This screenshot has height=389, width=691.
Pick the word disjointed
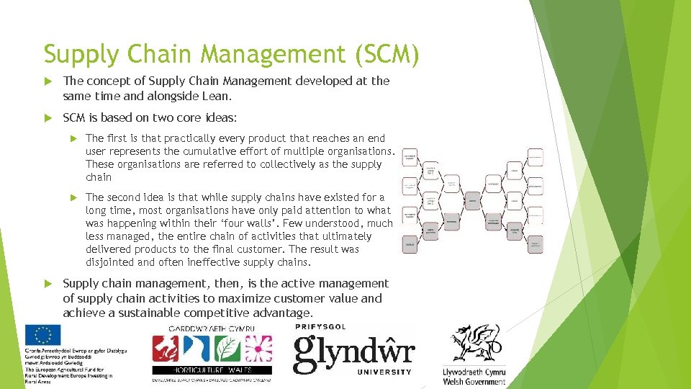[112, 262]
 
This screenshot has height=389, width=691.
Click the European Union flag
[42, 335]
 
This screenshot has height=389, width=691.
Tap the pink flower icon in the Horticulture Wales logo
[257, 349]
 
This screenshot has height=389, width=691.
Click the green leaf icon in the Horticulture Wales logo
[227, 349]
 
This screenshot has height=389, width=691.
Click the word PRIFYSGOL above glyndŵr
[320, 327]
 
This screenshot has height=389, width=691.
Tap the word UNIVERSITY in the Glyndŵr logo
[386, 372]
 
